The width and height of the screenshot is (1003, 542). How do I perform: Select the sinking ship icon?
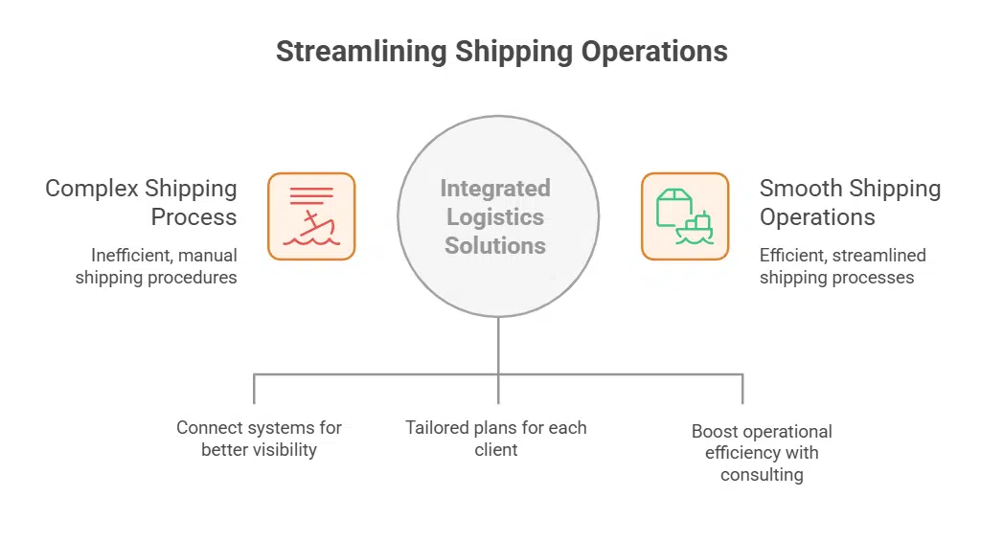311,216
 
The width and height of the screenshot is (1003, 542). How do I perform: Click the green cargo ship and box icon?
684,216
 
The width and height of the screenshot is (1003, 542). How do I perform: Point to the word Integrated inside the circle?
495,188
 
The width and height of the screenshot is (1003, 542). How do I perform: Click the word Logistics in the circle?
495,216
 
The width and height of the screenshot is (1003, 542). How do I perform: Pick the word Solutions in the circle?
495,245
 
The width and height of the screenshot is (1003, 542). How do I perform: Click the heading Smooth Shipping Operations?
850,202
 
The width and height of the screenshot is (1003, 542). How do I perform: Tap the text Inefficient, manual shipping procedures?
157,266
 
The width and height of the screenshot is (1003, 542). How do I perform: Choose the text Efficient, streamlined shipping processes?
842,266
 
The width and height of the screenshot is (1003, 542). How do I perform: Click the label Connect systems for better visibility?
259,439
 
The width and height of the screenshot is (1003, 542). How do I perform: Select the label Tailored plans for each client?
496,439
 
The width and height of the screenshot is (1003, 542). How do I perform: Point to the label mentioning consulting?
762,452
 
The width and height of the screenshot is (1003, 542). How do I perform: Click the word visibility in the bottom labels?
285,449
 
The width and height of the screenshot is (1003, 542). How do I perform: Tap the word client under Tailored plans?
496,449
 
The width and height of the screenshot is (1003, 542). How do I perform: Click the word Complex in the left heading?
87,189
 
